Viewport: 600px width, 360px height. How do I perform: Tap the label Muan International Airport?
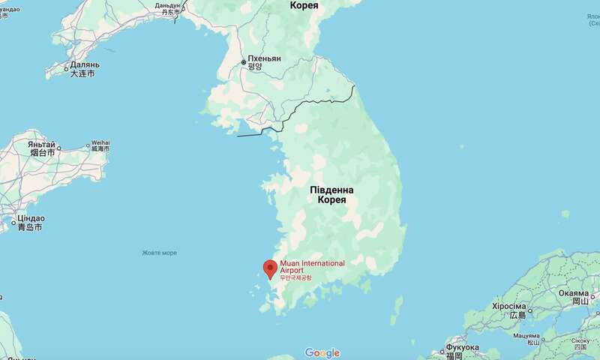pyautogui.click(x=312, y=267)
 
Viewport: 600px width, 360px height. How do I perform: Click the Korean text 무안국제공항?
pyautogui.click(x=295, y=278)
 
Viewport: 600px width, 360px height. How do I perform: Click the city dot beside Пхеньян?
pyautogui.click(x=242, y=62)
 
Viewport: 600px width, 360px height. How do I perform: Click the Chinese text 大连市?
pyautogui.click(x=82, y=74)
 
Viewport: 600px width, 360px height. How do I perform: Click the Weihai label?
pyautogui.click(x=99, y=142)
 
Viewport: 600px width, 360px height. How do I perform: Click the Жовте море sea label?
pyautogui.click(x=160, y=252)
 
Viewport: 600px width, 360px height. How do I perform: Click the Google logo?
pyautogui.click(x=322, y=353)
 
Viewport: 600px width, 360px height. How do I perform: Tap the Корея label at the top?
pyautogui.click(x=304, y=5)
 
